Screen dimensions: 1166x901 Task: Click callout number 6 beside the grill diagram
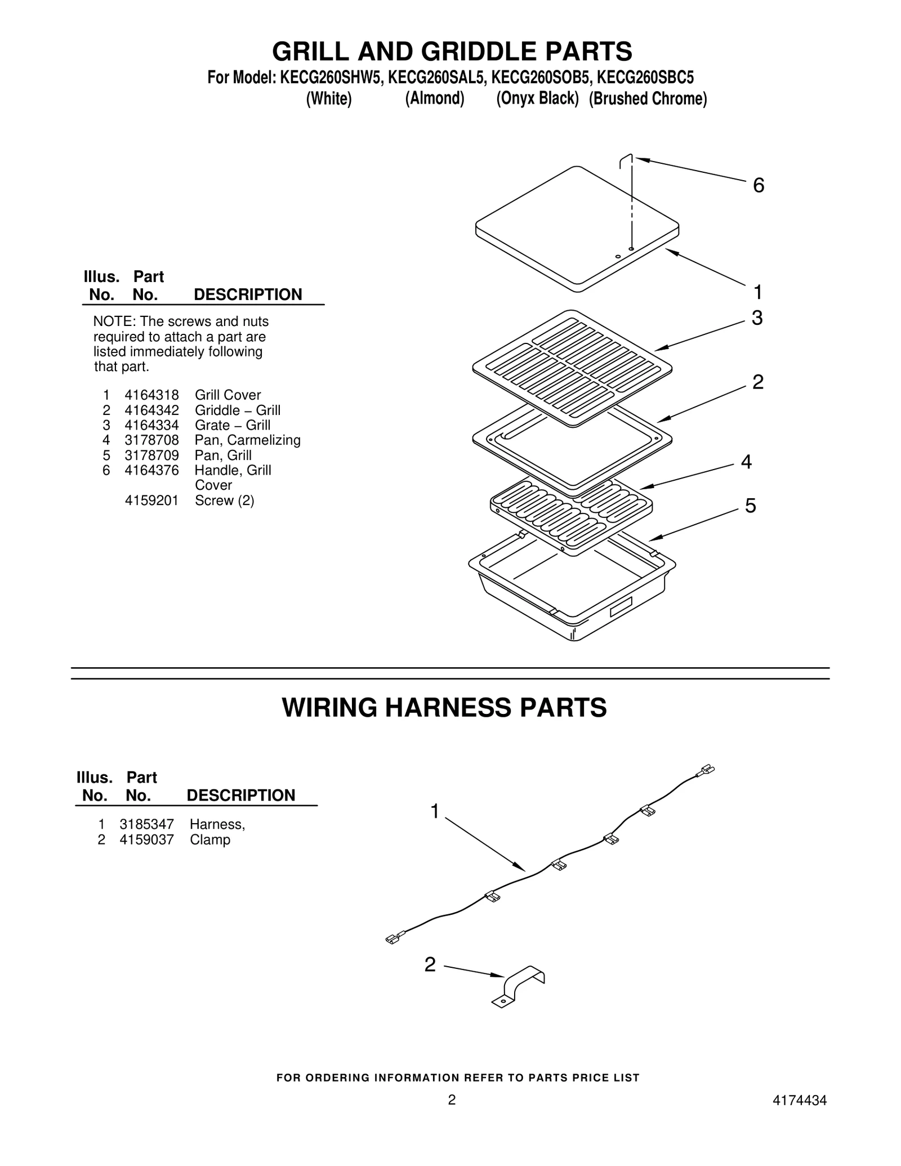click(x=759, y=186)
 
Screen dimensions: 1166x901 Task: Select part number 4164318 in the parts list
click(x=151, y=395)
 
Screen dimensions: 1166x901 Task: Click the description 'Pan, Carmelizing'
click(x=247, y=440)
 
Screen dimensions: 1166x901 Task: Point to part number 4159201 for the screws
click(x=151, y=501)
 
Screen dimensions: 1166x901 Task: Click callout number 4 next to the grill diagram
click(x=746, y=462)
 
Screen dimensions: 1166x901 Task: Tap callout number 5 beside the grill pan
click(x=750, y=506)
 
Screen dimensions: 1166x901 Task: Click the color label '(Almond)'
click(x=434, y=99)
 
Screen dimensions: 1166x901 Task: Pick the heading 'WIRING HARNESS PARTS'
click(x=444, y=708)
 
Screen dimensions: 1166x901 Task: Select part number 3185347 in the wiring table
click(x=146, y=825)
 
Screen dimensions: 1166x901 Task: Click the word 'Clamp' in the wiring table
click(x=209, y=840)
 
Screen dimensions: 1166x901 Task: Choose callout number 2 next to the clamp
click(x=430, y=965)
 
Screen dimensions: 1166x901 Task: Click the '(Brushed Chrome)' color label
click(x=648, y=99)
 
